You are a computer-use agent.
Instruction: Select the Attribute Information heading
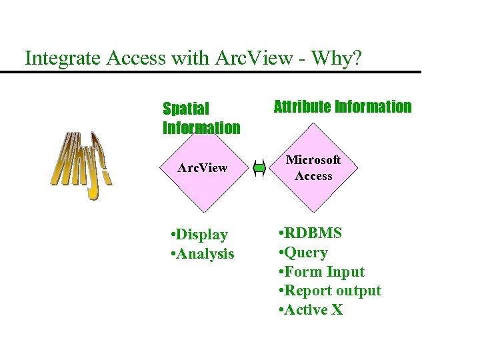343,107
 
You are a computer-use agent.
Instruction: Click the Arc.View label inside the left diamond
202,168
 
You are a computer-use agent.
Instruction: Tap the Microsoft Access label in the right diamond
313,168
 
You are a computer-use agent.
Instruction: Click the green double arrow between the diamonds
260,169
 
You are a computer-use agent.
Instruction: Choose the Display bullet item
199,235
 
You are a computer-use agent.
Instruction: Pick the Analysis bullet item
203,254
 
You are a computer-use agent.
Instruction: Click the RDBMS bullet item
311,233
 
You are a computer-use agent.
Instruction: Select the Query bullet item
303,253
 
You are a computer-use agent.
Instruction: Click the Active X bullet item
311,310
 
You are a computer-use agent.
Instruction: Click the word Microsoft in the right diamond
313,160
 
